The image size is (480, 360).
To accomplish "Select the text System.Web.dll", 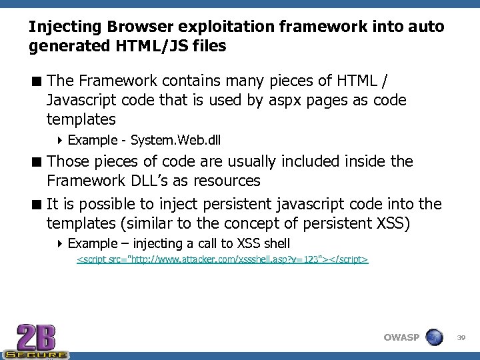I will [x=176, y=141].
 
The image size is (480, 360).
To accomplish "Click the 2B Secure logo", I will [x=36, y=341].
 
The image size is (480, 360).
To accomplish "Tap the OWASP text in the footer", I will [x=401, y=337].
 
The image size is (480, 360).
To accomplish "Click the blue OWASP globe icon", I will [x=434, y=337].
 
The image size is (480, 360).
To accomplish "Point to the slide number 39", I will [x=461, y=338].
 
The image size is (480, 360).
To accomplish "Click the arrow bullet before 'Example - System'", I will [x=60, y=141].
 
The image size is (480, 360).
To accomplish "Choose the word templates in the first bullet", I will [x=81, y=120].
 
